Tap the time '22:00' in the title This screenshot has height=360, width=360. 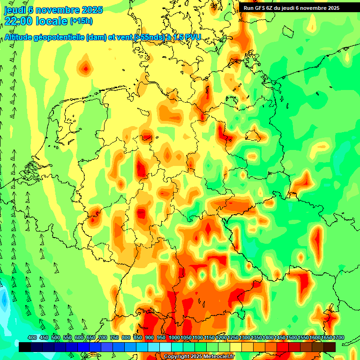click(x=21, y=21)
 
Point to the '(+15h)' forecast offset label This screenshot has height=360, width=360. click(x=81, y=21)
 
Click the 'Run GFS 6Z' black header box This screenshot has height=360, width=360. click(x=292, y=7)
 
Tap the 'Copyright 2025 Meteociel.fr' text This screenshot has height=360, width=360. click(x=199, y=356)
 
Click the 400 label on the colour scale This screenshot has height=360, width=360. click(x=32, y=337)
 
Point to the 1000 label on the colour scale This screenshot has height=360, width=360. click(x=174, y=337)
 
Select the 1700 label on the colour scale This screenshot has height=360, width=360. click(x=338, y=337)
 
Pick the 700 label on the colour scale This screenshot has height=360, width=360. click(x=103, y=337)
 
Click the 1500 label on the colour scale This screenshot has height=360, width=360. click(x=292, y=337)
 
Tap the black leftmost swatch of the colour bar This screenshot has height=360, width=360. click(x=24, y=347)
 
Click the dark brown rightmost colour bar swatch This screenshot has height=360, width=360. click(x=330, y=347)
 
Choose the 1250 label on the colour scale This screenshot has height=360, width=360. click(x=233, y=337)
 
